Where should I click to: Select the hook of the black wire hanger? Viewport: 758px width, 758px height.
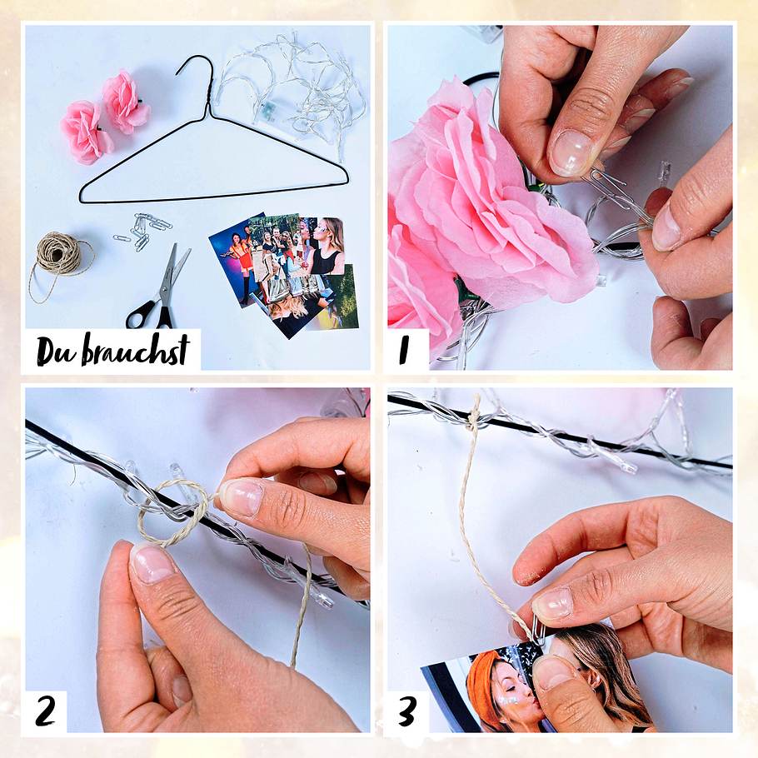point(197,68)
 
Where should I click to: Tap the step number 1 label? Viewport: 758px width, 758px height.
point(406,350)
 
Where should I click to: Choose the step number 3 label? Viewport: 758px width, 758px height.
point(406,712)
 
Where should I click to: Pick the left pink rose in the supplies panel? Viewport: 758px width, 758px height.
point(85,132)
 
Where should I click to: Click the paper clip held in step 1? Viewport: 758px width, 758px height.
point(616,187)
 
